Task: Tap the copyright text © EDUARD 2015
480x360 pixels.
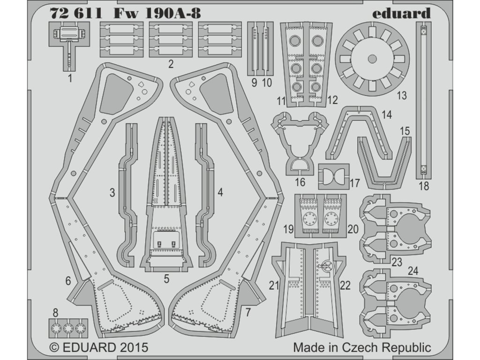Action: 98,348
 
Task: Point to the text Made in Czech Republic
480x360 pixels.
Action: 362,348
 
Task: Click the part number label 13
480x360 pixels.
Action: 401,96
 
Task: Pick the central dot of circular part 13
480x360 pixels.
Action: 372,59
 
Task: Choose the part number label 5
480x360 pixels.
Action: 166,279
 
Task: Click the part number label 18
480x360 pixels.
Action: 423,186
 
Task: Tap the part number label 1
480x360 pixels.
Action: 70,79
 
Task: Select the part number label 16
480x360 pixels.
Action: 300,182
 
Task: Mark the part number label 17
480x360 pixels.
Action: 354,182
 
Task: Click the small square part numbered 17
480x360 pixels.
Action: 334,177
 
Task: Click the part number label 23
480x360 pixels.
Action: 397,262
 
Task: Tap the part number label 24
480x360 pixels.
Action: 412,270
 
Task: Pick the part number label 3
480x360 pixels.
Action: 112,192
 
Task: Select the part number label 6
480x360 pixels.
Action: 68,281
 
